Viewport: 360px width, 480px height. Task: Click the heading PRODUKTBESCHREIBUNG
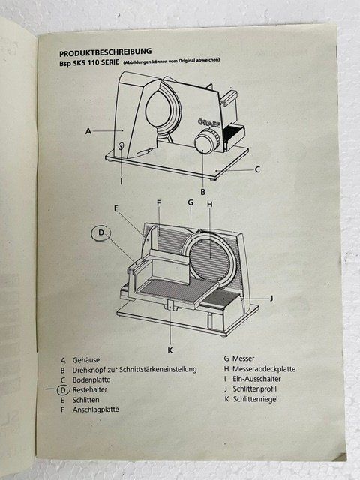tap(105, 52)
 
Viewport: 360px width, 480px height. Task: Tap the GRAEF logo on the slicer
tap(208, 123)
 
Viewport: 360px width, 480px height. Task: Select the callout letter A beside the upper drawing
tap(88, 131)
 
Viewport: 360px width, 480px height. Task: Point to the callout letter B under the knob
tap(202, 192)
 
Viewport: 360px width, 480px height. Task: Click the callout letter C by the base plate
tap(257, 169)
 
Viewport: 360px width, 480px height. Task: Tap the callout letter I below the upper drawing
tap(121, 181)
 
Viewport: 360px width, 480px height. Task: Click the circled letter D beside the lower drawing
tap(101, 232)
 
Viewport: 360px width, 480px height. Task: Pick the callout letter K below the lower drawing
tap(170, 350)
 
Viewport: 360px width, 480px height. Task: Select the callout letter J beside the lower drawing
tap(271, 298)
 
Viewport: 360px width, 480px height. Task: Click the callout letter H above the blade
tap(210, 204)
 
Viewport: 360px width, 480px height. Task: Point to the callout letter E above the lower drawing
tap(116, 208)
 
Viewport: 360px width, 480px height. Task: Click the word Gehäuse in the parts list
tap(86, 360)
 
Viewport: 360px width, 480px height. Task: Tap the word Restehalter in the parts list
tap(90, 390)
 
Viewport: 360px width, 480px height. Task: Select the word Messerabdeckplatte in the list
tap(264, 369)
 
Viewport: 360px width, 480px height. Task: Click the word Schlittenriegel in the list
tap(256, 399)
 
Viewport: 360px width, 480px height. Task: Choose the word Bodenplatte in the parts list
tap(91, 380)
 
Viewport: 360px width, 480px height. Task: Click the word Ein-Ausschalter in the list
tap(256, 379)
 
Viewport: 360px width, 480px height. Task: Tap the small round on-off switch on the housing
tap(121, 146)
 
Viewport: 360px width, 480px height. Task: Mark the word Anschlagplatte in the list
tap(95, 409)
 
